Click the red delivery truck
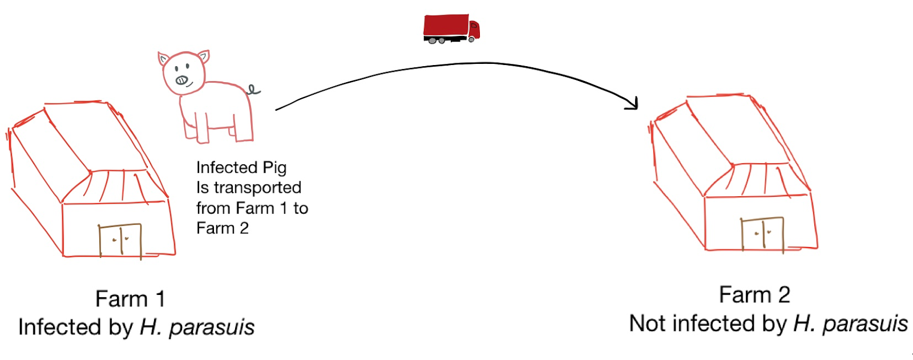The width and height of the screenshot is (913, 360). (451, 29)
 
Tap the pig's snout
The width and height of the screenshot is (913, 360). (181, 80)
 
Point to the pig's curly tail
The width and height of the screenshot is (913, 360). (253, 90)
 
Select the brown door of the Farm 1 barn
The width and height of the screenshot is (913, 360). (120, 241)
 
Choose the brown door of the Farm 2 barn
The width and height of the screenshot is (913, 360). (762, 234)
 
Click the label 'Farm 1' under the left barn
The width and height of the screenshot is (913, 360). (130, 298)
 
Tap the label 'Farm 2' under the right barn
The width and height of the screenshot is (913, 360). (754, 295)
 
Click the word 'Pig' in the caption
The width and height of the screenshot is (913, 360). (274, 168)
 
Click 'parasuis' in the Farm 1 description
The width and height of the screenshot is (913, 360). (212, 327)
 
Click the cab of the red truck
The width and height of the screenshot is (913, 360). (474, 29)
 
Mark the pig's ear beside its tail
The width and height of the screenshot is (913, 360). (203, 56)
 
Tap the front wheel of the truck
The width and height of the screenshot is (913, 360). (471, 39)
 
